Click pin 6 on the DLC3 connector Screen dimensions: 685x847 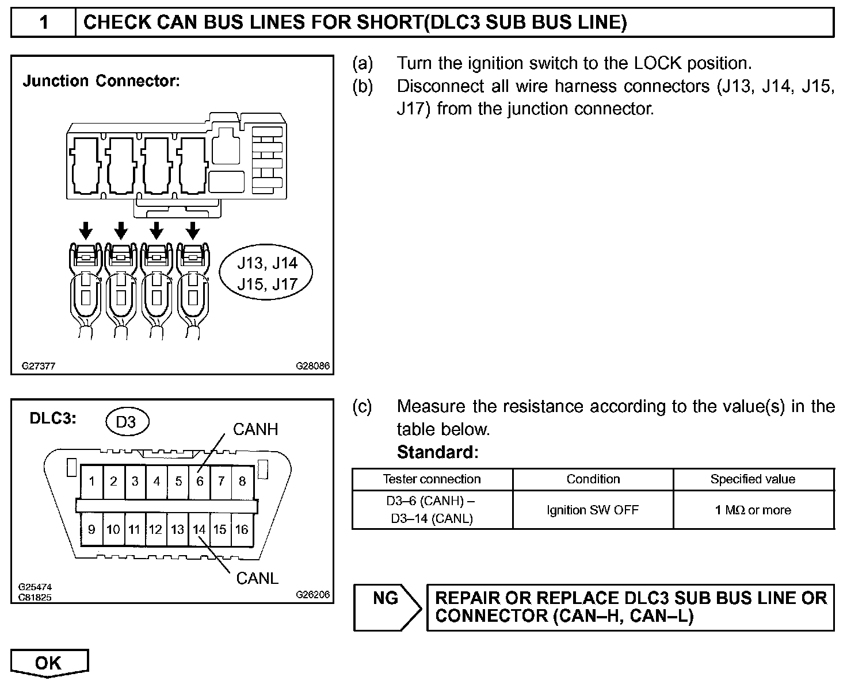tap(200, 481)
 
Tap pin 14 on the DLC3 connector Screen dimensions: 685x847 tap(199, 529)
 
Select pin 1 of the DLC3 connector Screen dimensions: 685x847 tap(92, 481)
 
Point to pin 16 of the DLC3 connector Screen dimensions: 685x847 tap(242, 529)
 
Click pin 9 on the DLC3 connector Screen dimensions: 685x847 tap(92, 529)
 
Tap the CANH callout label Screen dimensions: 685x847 tap(255, 429)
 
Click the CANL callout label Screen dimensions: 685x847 tap(257, 578)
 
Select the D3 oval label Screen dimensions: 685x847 tap(126, 422)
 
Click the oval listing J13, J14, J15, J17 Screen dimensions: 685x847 tap(267, 274)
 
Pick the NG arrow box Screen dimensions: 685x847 tap(386, 607)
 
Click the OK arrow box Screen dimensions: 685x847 tap(49, 663)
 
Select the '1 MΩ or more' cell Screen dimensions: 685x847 tap(753, 510)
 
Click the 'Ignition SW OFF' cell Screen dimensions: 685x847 tap(593, 510)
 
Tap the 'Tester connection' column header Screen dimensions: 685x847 tap(432, 479)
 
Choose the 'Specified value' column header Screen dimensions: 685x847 tap(753, 479)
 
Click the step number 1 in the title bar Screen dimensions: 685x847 tap(44, 23)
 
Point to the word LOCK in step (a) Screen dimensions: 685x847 tap(658, 63)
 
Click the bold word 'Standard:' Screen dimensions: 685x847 tap(437, 452)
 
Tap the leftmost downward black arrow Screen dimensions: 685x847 tap(86, 231)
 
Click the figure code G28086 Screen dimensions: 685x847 tap(313, 365)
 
